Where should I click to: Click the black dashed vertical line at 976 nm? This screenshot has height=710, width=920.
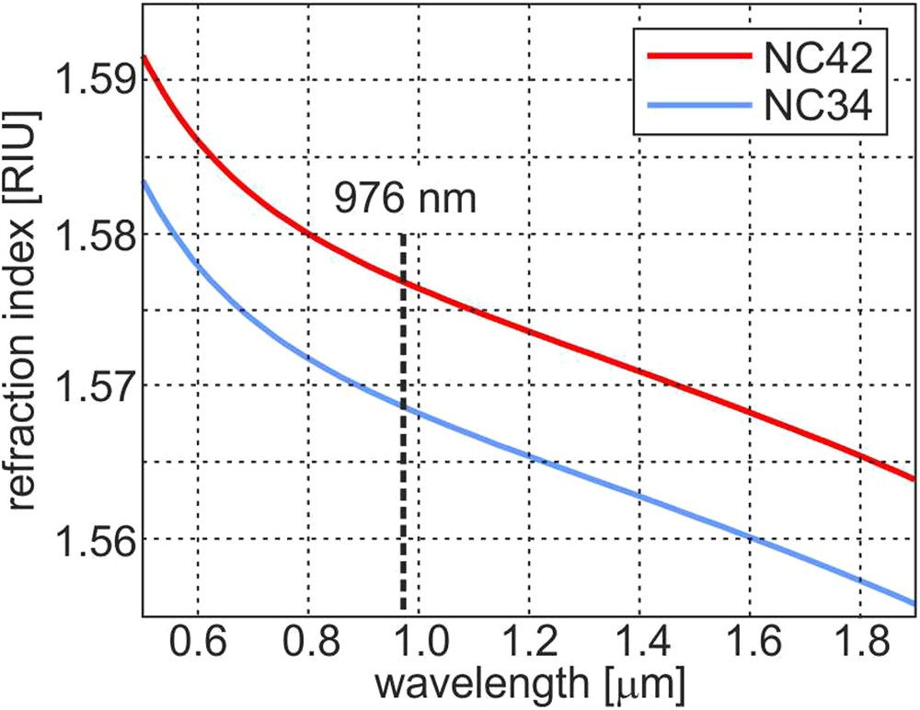(x=403, y=460)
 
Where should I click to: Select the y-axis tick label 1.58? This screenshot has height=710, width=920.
(x=86, y=234)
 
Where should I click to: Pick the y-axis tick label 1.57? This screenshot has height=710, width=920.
(x=86, y=385)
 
